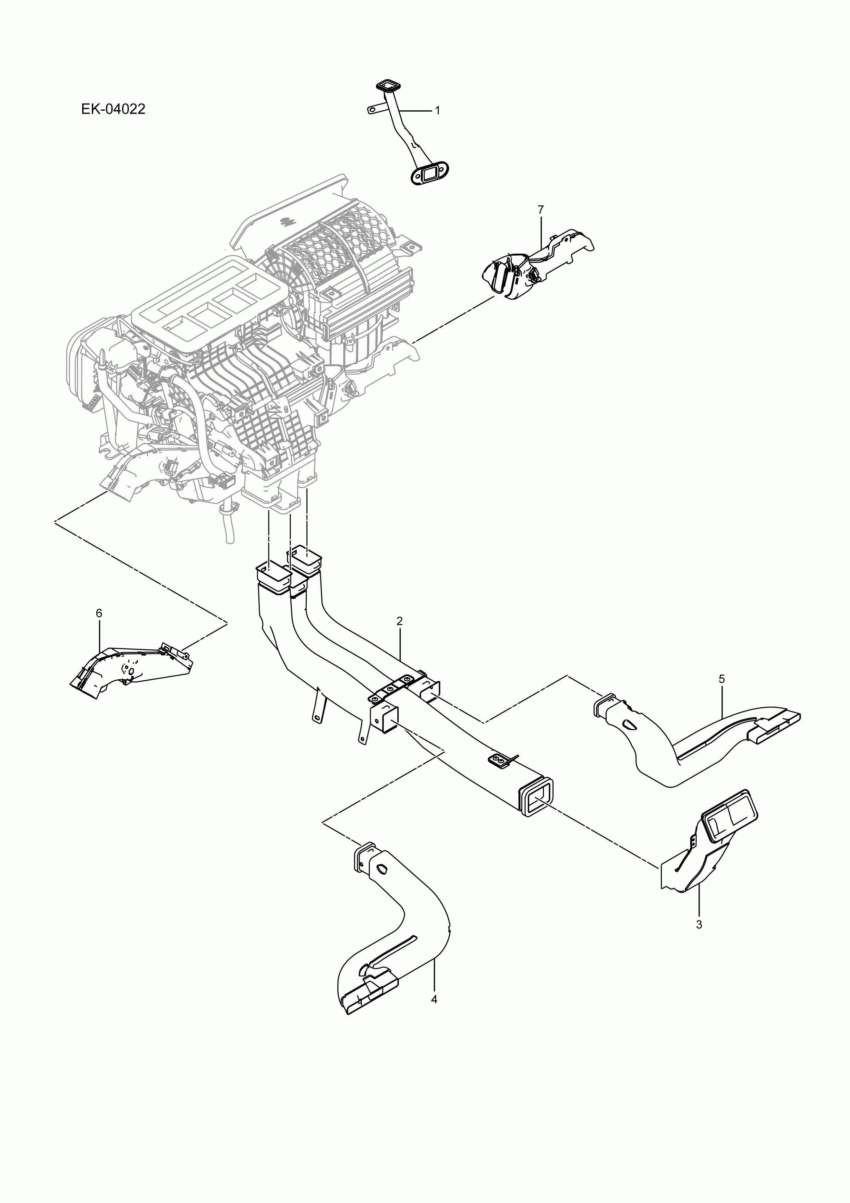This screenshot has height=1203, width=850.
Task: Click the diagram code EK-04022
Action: [113, 110]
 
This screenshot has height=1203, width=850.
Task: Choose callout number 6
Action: [99, 613]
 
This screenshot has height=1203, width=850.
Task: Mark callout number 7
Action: [541, 209]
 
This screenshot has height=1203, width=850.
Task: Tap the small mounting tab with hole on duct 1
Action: [373, 110]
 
